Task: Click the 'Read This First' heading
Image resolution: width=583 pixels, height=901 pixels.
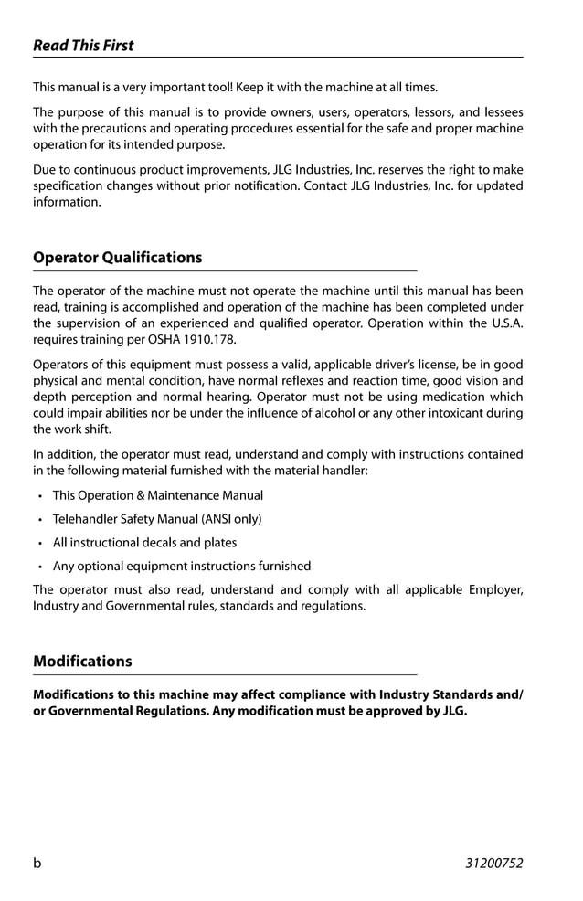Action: pyautogui.click(x=83, y=46)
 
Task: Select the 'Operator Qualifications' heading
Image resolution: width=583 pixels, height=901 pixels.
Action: pyautogui.click(x=117, y=258)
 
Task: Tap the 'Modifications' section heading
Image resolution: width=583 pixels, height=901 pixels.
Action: pyautogui.click(x=82, y=662)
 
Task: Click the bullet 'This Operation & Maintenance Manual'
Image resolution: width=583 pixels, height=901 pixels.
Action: pyautogui.click(x=157, y=495)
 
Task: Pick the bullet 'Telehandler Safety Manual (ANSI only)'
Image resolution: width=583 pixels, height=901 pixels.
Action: pyautogui.click(x=156, y=519)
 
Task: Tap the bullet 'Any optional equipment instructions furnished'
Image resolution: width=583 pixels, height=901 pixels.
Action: pyautogui.click(x=181, y=567)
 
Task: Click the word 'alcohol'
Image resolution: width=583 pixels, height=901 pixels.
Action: pyautogui.click(x=342, y=413)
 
